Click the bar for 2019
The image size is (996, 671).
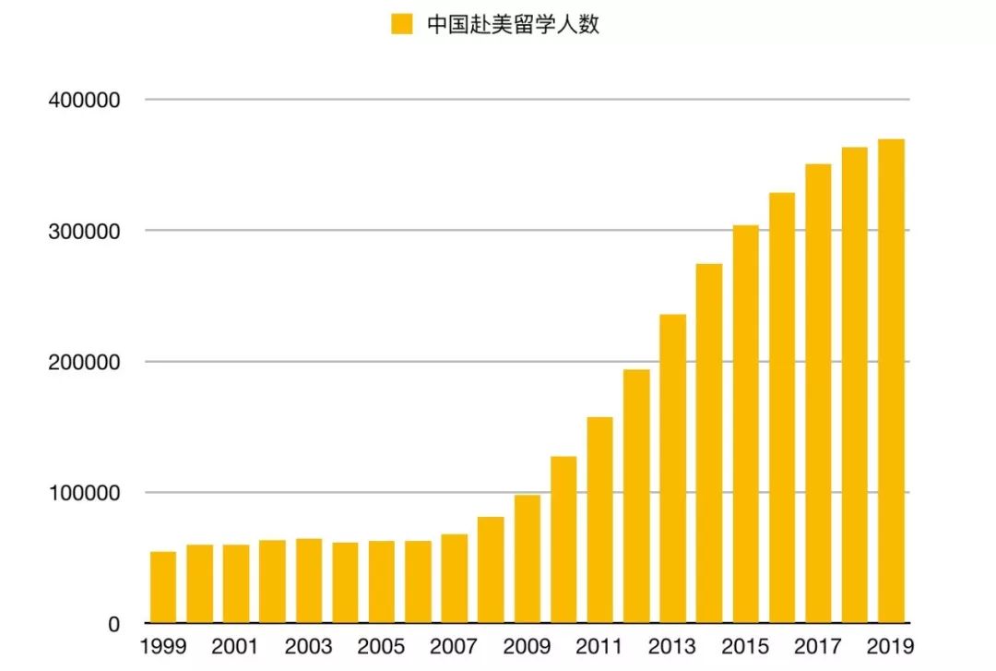coord(891,380)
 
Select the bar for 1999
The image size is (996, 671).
coord(163,587)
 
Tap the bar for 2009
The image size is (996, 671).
coord(528,558)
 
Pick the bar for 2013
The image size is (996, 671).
coord(673,468)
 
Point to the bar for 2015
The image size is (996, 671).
coord(745,424)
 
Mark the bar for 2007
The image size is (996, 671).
coord(455,578)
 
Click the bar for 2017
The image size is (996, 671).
coord(818,393)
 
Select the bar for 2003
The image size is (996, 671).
coord(309,581)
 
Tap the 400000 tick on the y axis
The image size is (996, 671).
coord(84,100)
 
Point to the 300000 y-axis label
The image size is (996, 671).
coord(84,231)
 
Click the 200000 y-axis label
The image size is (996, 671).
coord(84,362)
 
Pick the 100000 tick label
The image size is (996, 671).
coord(84,493)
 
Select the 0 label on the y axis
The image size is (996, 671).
coord(113,625)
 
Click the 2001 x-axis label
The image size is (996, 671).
coord(235,646)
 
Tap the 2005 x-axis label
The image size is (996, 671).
coord(381,646)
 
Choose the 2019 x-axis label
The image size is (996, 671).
coord(890,646)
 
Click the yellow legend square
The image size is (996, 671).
coord(401,24)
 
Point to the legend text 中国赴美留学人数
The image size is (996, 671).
coord(513,24)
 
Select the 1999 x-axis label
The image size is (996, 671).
coord(163,646)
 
